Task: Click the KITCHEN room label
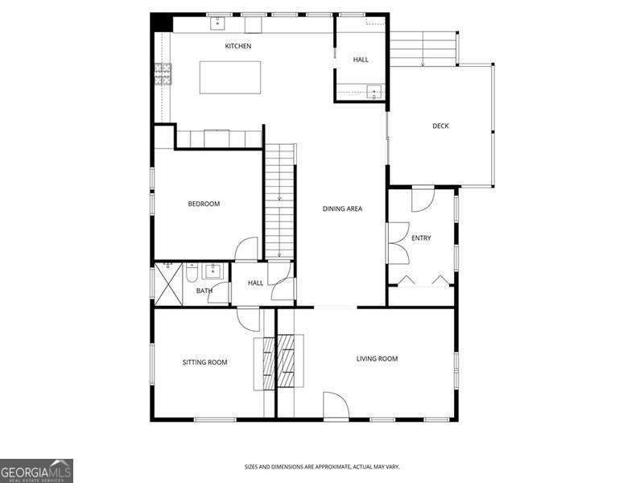click(237, 46)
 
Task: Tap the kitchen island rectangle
click(230, 77)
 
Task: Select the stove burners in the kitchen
click(163, 75)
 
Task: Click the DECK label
click(440, 126)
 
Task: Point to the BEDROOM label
click(204, 204)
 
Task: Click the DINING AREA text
click(342, 208)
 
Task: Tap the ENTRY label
click(421, 237)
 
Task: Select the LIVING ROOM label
click(377, 358)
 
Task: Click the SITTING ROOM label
click(204, 362)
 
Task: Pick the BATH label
click(204, 291)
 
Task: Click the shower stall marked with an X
click(167, 283)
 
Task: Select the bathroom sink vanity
click(213, 270)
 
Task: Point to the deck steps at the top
click(423, 49)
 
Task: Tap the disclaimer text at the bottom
click(322, 467)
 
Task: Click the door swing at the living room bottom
click(336, 405)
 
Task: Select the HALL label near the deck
click(361, 60)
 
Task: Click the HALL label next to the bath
click(255, 283)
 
